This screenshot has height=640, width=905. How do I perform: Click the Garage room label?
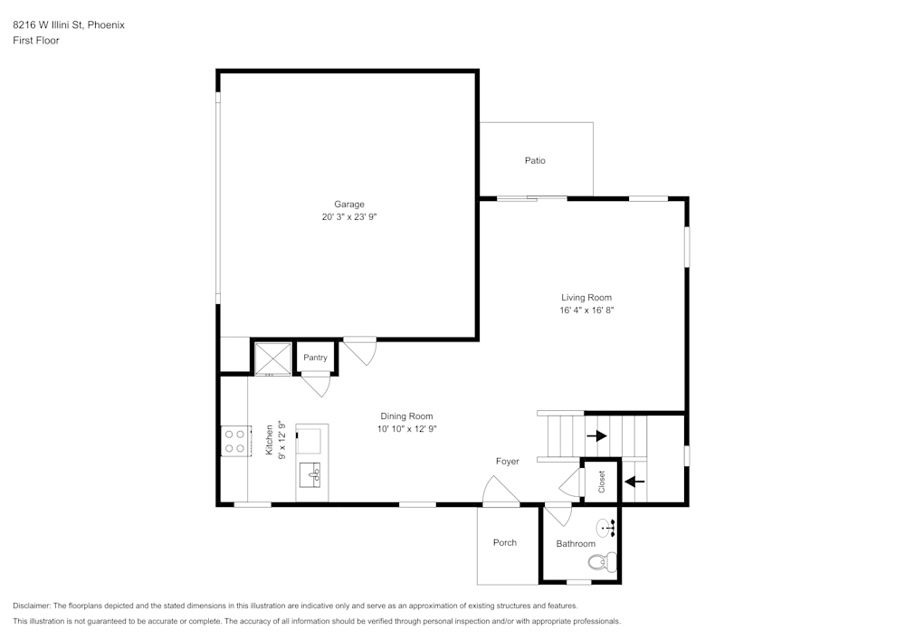[x=348, y=204]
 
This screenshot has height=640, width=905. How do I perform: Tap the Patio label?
[x=535, y=161]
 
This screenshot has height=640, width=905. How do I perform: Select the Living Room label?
[x=586, y=298]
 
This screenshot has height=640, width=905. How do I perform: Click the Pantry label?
[x=315, y=358]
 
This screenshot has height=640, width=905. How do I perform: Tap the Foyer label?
[x=507, y=462]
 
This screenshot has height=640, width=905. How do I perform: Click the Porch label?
[x=505, y=543]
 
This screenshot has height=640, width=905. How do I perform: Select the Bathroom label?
[x=576, y=544]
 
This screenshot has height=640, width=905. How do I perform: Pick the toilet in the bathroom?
[x=603, y=562]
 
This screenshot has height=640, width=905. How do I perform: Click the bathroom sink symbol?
[x=605, y=526]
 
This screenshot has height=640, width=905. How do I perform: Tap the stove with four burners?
[x=236, y=441]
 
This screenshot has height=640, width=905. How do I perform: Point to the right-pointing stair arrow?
[x=596, y=435]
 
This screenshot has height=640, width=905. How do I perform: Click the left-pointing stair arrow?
[x=635, y=481]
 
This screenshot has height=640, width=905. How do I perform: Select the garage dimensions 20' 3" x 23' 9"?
[x=348, y=217]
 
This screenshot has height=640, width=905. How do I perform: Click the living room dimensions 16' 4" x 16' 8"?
[x=586, y=310]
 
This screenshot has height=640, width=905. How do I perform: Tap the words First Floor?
[x=36, y=41]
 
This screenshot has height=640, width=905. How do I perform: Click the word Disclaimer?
[x=33, y=606]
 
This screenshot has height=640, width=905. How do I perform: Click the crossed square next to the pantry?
[x=271, y=358]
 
